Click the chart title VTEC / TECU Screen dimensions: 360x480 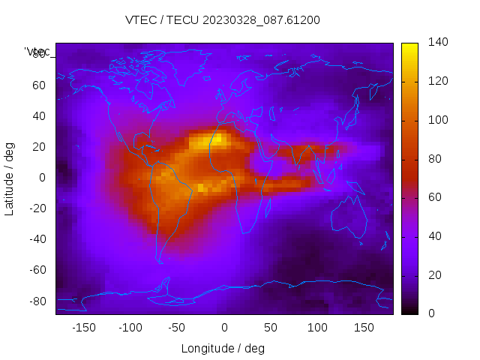223,20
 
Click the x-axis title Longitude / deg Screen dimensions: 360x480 223,349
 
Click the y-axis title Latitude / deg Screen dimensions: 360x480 10,178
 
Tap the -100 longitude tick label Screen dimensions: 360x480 130,327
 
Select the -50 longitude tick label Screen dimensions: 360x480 177,327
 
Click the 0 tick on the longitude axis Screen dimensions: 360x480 223,327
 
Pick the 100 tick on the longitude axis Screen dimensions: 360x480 317,327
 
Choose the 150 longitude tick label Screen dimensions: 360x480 364,327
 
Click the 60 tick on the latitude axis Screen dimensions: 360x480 39,85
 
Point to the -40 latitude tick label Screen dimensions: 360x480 37,239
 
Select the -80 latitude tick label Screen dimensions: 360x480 37,301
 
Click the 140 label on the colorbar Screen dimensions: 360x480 438,42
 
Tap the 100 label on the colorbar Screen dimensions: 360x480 438,120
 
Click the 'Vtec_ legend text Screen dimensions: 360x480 37,52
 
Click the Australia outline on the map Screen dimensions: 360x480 349,217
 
